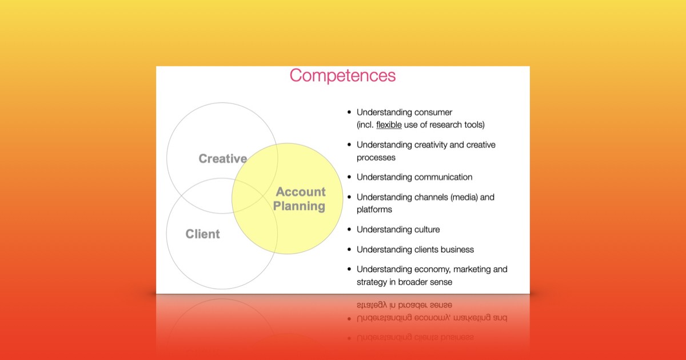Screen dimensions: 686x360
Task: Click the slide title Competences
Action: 342,75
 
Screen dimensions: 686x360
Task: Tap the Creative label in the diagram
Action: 222,159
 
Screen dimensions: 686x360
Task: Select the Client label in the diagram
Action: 202,234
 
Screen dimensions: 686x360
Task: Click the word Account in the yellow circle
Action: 301,192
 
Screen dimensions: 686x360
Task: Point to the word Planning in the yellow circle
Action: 299,206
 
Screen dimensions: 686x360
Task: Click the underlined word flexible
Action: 389,125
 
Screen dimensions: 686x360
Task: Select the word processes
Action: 376,158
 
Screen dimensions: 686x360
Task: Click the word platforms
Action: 374,210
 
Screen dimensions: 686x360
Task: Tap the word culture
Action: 426,230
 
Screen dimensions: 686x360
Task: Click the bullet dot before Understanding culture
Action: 349,230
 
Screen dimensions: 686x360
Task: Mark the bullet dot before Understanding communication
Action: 349,177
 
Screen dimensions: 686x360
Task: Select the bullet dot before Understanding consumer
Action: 349,113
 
